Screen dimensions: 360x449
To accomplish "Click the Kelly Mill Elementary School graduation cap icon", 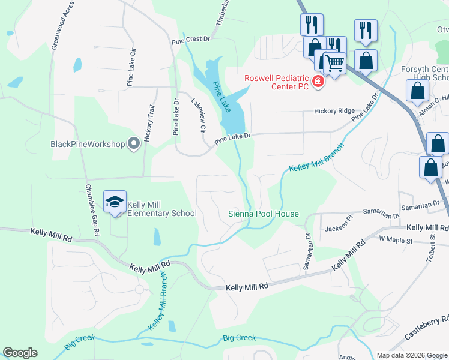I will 115,203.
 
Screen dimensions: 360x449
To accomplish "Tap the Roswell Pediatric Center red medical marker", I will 318,82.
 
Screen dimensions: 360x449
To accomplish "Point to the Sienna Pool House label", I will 263,214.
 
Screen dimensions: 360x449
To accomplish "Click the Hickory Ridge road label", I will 334,112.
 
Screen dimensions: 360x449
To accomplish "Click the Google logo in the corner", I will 20,353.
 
